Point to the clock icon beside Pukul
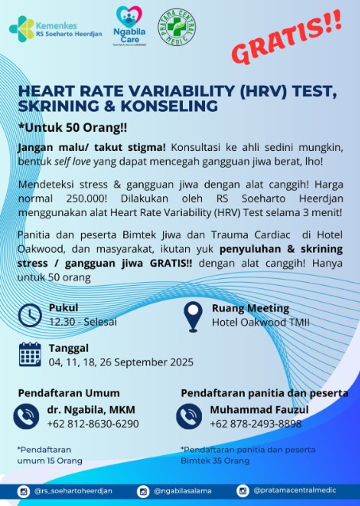pos(30,315)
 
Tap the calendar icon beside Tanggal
pos(30,354)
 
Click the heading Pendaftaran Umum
pos(69,393)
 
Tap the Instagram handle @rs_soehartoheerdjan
pos(72,492)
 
